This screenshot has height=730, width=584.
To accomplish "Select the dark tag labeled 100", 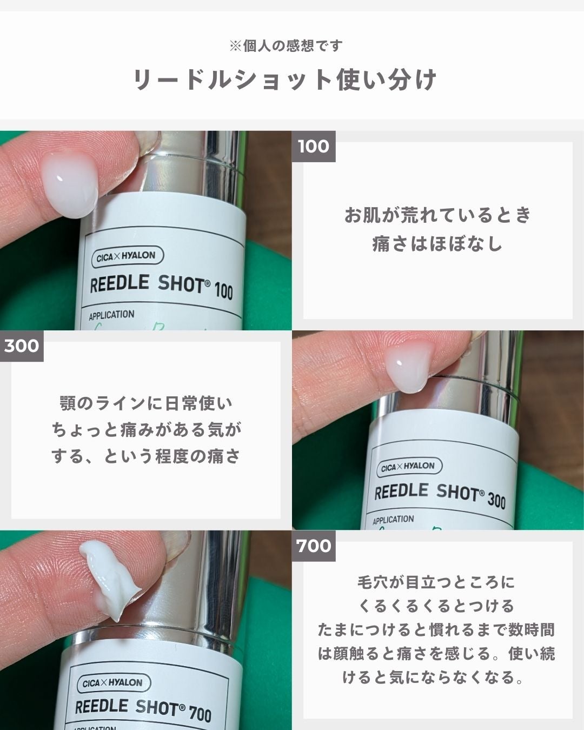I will (x=314, y=146).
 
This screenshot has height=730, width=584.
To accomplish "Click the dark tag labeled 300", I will (x=22, y=346).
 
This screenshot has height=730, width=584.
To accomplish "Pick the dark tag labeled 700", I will (x=314, y=546).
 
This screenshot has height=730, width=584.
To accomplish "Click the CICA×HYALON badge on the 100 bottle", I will (x=127, y=256).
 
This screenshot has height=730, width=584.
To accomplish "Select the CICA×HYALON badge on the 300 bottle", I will (x=409, y=467).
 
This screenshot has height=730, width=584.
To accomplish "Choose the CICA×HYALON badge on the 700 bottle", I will (x=113, y=683).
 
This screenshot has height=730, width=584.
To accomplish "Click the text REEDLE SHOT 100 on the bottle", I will (x=161, y=286).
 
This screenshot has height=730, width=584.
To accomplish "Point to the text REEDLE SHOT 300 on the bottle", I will (x=440, y=494).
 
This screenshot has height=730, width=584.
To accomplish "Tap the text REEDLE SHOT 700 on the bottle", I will (x=143, y=709).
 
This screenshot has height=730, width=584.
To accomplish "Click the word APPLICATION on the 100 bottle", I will (x=111, y=315).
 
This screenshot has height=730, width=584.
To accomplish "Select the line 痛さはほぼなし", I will (x=437, y=244).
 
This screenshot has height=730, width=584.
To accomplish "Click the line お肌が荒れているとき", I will (x=437, y=215).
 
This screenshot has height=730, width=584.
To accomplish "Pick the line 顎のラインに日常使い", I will (x=146, y=403).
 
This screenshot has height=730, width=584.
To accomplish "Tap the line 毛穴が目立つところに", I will (x=437, y=582).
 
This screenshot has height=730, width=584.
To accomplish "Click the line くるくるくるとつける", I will (x=437, y=606).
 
